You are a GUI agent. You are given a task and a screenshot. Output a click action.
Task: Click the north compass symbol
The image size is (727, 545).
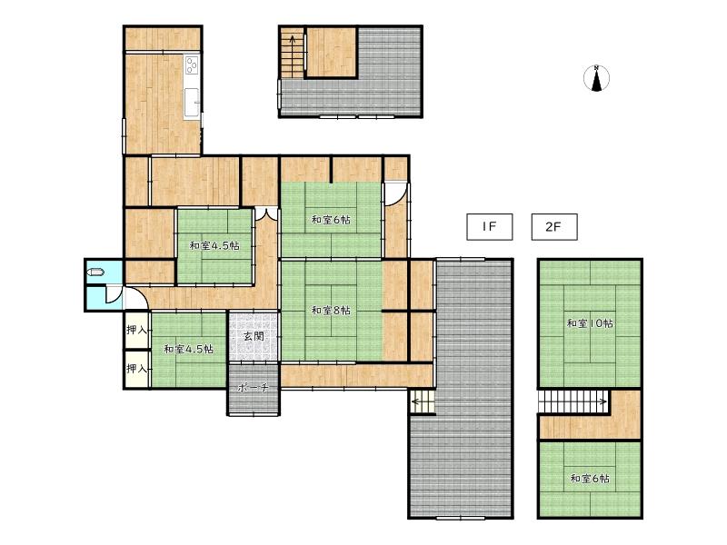[x=596, y=78]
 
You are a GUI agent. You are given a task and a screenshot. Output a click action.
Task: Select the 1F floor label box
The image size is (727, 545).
[x=489, y=226]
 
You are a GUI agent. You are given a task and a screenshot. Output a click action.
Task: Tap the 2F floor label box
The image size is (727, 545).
[x=554, y=226]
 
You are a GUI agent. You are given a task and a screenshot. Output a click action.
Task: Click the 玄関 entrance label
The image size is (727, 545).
[x=254, y=336]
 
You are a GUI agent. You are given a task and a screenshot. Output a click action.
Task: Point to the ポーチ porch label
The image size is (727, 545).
[x=254, y=388]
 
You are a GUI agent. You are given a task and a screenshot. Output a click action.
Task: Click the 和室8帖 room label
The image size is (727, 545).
[x=331, y=310]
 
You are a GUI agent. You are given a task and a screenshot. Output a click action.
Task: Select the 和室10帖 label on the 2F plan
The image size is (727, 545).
[x=590, y=323]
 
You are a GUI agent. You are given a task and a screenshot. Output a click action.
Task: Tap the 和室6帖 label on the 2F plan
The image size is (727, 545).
[x=590, y=478]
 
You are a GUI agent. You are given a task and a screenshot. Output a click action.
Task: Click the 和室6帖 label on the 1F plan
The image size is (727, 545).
[x=331, y=220]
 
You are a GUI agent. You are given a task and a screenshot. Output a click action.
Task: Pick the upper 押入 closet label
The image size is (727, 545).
[x=137, y=330]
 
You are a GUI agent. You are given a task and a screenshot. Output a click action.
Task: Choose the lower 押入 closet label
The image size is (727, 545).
[x=137, y=369]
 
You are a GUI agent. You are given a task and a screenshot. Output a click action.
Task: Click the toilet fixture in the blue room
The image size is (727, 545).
[x=95, y=272]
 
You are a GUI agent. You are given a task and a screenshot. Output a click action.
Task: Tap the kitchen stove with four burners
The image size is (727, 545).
[x=192, y=64]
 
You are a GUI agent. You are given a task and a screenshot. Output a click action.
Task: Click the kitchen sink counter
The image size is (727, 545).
[x=192, y=104]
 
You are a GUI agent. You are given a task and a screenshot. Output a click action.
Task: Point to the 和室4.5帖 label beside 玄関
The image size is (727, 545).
[x=189, y=349]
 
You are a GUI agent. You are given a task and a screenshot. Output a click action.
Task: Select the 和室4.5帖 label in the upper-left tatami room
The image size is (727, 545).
[x=214, y=245]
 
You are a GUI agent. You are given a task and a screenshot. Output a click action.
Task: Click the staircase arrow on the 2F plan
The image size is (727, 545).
[x=573, y=401]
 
